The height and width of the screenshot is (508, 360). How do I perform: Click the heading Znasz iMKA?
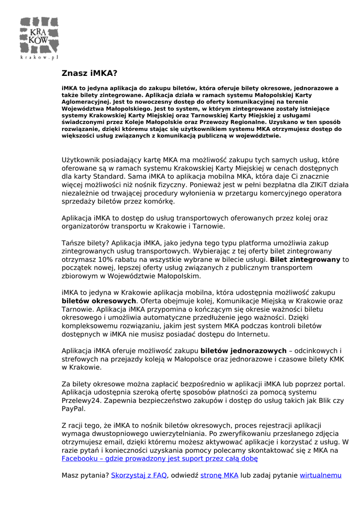89,73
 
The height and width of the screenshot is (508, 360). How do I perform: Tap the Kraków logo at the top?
39,34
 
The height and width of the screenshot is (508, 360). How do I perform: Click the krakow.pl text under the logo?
39,57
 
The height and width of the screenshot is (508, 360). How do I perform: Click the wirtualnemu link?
321,475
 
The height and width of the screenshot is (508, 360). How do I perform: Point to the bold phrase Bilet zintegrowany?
305,259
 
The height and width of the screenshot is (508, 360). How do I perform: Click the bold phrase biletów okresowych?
99,301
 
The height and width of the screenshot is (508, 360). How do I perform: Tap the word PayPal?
73,409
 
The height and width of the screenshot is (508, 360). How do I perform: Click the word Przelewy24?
78,401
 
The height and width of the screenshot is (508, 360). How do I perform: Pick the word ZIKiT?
316,185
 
